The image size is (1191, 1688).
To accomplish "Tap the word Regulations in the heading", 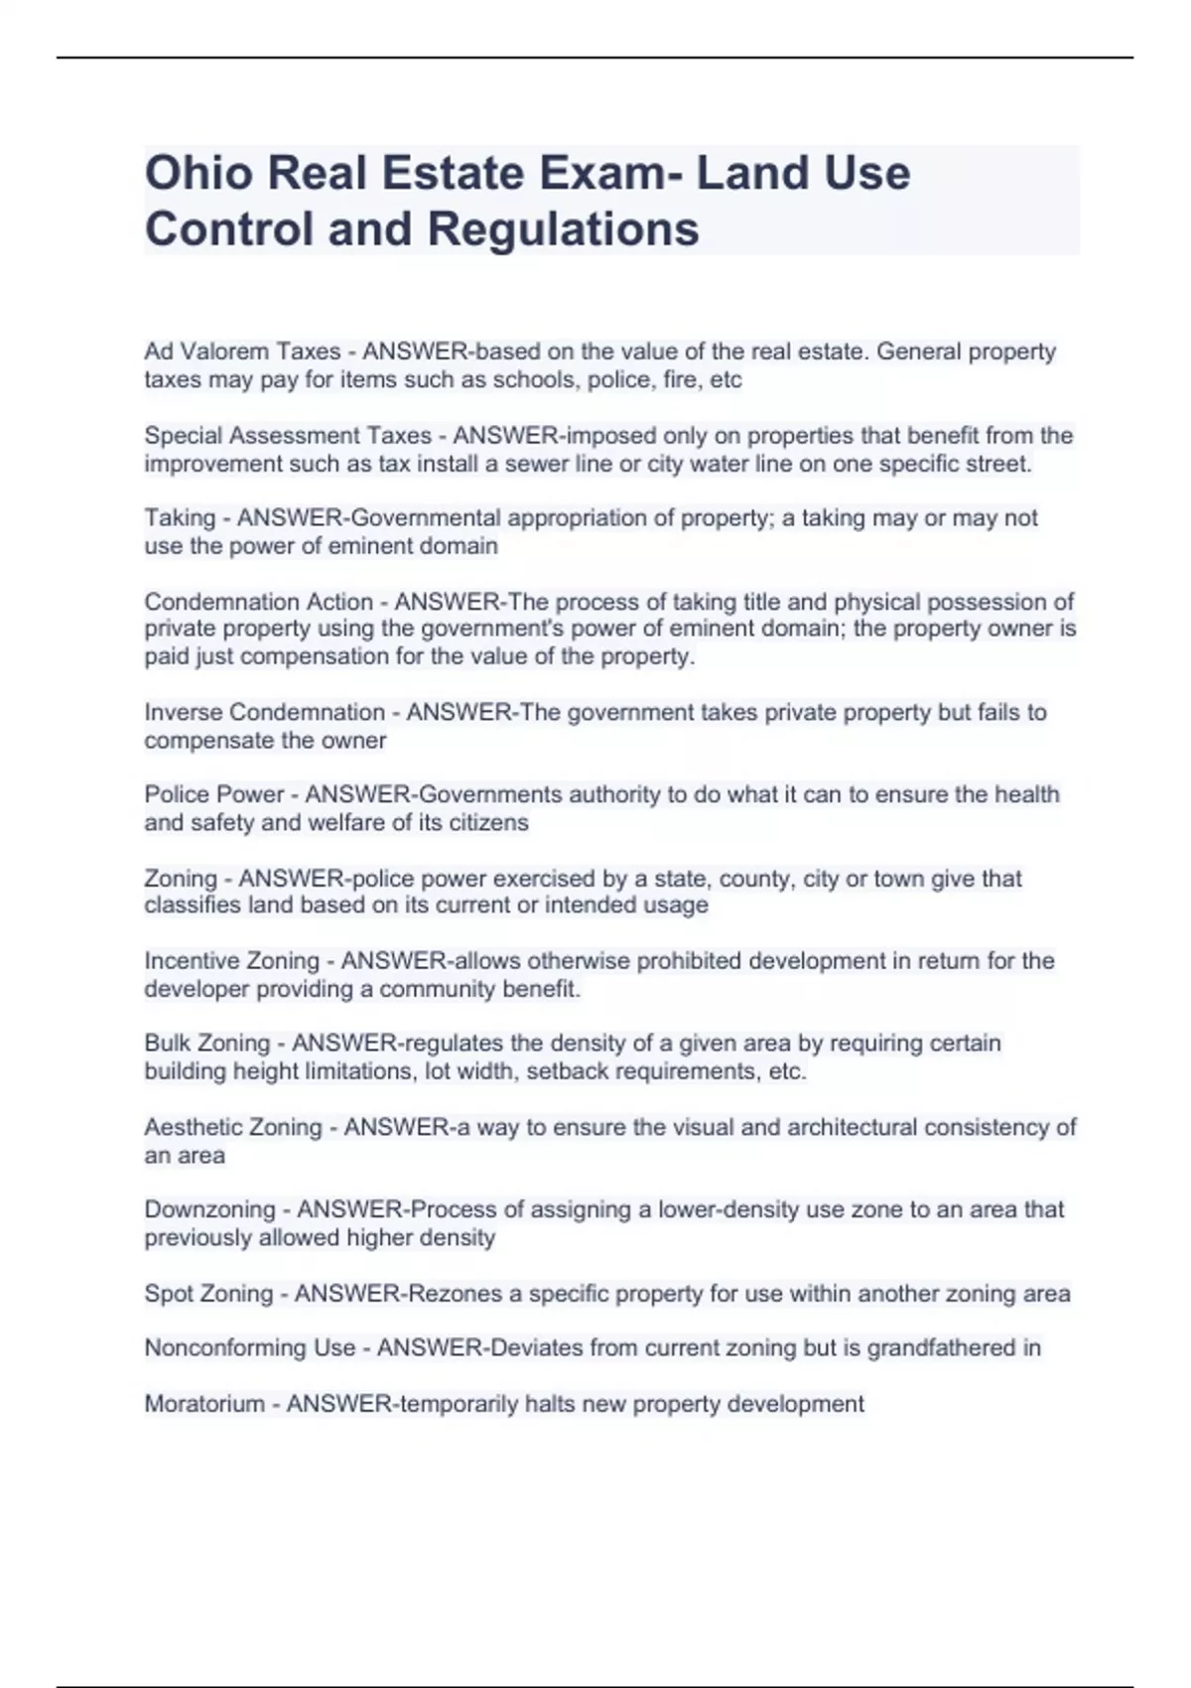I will pos(563,229).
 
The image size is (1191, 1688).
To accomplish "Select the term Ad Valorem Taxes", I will pos(242,352).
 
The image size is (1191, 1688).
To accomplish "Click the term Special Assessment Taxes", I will pos(288,436).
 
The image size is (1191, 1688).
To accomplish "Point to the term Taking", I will pos(180,518).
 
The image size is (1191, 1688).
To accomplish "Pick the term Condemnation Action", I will pos(258,602).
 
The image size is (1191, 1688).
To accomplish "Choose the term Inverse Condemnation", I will pos(264,713).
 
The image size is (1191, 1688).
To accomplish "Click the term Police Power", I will pos(213,794).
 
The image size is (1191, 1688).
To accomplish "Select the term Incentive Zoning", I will pos(231,961).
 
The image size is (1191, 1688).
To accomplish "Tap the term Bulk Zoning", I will pos(206,1044).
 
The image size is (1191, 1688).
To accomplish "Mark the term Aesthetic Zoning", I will pos(233,1128).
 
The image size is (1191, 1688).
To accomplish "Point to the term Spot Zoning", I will pos(208,1294).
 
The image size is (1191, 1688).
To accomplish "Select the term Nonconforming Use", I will pos(249,1348).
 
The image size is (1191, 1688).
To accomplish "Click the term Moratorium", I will pos(203,1404).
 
